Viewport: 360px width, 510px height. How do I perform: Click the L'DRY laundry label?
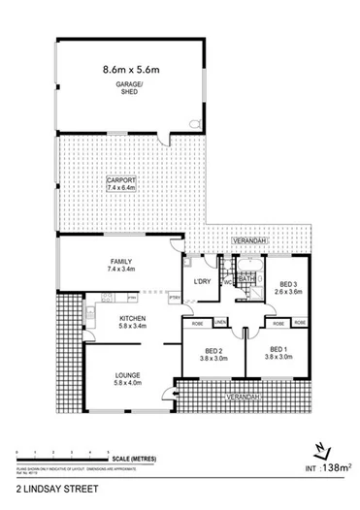pyautogui.click(x=202, y=281)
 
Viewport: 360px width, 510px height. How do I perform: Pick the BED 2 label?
pyautogui.click(x=214, y=351)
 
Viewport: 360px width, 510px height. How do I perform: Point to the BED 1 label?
pyautogui.click(x=278, y=351)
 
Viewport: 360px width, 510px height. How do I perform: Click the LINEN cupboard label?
pyautogui.click(x=221, y=321)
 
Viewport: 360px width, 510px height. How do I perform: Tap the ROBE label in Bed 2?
pyautogui.click(x=196, y=321)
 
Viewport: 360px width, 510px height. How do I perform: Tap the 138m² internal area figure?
pyautogui.click(x=336, y=467)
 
